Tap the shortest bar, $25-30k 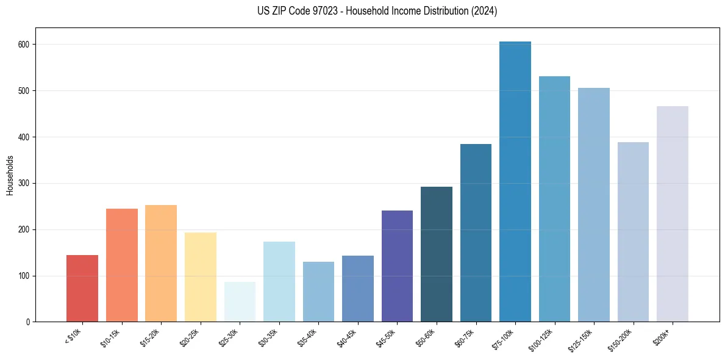[240, 302]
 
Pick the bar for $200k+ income [673, 214]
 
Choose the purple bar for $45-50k [397, 266]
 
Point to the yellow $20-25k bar [201, 277]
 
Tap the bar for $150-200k [633, 232]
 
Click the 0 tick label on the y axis [29, 322]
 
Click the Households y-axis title [10, 175]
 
